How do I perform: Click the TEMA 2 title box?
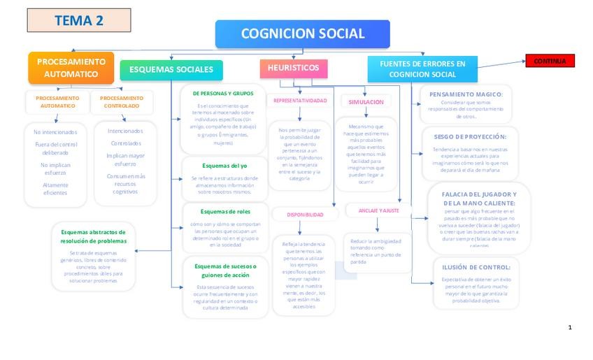[x=78, y=20]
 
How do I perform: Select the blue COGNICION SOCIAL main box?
[x=302, y=34]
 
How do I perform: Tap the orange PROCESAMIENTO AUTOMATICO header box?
[x=71, y=68]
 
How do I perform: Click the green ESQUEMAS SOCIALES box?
[x=171, y=69]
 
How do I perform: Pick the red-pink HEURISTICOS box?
[x=293, y=68]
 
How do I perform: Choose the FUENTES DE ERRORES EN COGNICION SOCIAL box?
[x=422, y=69]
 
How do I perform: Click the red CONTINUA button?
[x=550, y=61]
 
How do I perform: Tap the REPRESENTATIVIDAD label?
[x=300, y=101]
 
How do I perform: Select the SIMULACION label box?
[x=366, y=102]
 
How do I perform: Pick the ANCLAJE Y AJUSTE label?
[x=379, y=210]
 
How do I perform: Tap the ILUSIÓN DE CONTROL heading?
[x=476, y=267]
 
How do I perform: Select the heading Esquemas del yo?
[x=224, y=166]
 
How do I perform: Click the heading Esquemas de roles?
[x=224, y=211]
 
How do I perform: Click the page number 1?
[x=570, y=327]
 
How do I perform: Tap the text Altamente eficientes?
[x=55, y=189]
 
